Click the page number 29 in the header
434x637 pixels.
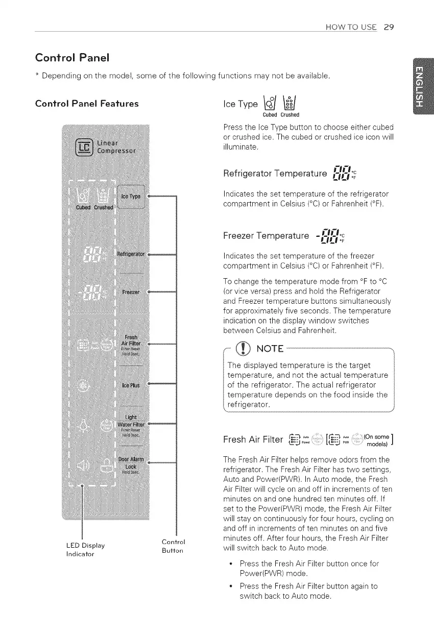pyautogui.click(x=388, y=27)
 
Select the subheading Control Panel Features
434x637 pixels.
pyautogui.click(x=86, y=104)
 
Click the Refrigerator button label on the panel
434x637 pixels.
pyautogui.click(x=132, y=253)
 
